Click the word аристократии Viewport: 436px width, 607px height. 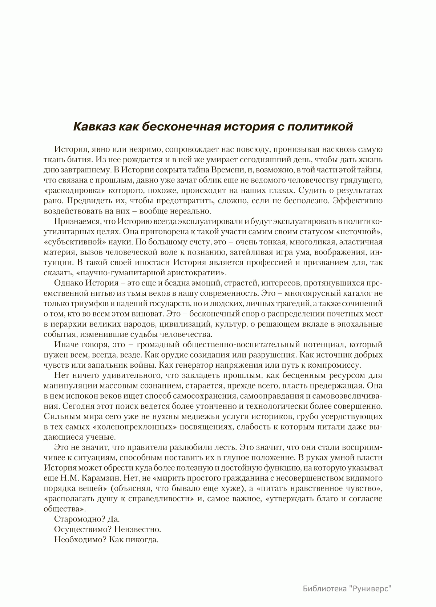click(x=194, y=273)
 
